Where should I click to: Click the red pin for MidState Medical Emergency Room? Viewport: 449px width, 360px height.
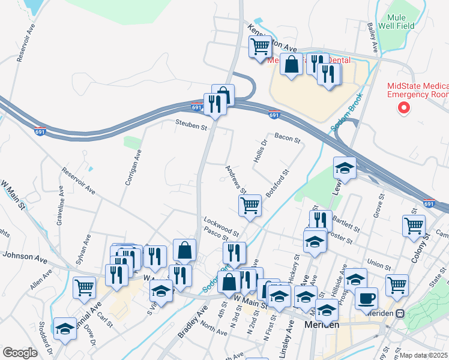404,108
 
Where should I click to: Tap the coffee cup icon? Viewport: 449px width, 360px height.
367,298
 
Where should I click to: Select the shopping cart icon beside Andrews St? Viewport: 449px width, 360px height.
250,206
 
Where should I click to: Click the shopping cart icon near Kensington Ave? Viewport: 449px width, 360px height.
261,46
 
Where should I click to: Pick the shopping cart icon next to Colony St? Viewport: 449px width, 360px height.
414,226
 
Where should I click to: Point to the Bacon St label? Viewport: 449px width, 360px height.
287,139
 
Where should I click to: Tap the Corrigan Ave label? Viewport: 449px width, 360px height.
132,167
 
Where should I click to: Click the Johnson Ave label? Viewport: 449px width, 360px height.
25,257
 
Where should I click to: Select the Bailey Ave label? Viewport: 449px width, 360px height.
372,37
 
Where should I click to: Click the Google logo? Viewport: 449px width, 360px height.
20,353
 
